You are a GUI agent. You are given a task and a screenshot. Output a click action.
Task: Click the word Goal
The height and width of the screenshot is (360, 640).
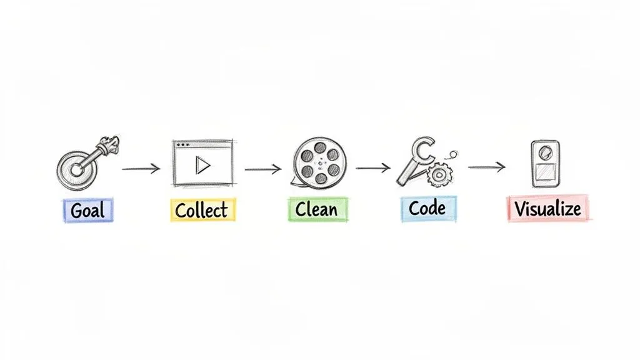coord(88,211)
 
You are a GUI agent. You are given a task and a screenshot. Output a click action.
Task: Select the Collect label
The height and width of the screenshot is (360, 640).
coord(202,210)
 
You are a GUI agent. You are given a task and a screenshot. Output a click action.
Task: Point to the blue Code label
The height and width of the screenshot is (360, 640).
coord(428,208)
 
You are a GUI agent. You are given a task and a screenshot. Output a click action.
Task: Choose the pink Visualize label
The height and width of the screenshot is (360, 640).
coord(547,209)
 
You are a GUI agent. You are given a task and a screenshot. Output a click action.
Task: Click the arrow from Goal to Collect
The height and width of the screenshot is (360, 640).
coord(141,169)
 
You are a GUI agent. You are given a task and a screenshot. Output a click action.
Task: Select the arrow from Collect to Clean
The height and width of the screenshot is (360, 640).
coord(262,169)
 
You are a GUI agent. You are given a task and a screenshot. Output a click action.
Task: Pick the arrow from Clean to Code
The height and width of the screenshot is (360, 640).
coord(373,168)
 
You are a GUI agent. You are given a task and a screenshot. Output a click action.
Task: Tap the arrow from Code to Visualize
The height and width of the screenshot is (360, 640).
coord(486,167)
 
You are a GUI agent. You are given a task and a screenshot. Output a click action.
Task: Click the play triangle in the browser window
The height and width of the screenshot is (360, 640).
coord(202,165)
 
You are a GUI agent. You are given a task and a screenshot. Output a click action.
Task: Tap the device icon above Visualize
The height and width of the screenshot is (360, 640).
coord(545,164)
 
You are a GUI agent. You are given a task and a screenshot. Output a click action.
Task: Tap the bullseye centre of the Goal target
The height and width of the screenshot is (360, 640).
coord(76,169)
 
